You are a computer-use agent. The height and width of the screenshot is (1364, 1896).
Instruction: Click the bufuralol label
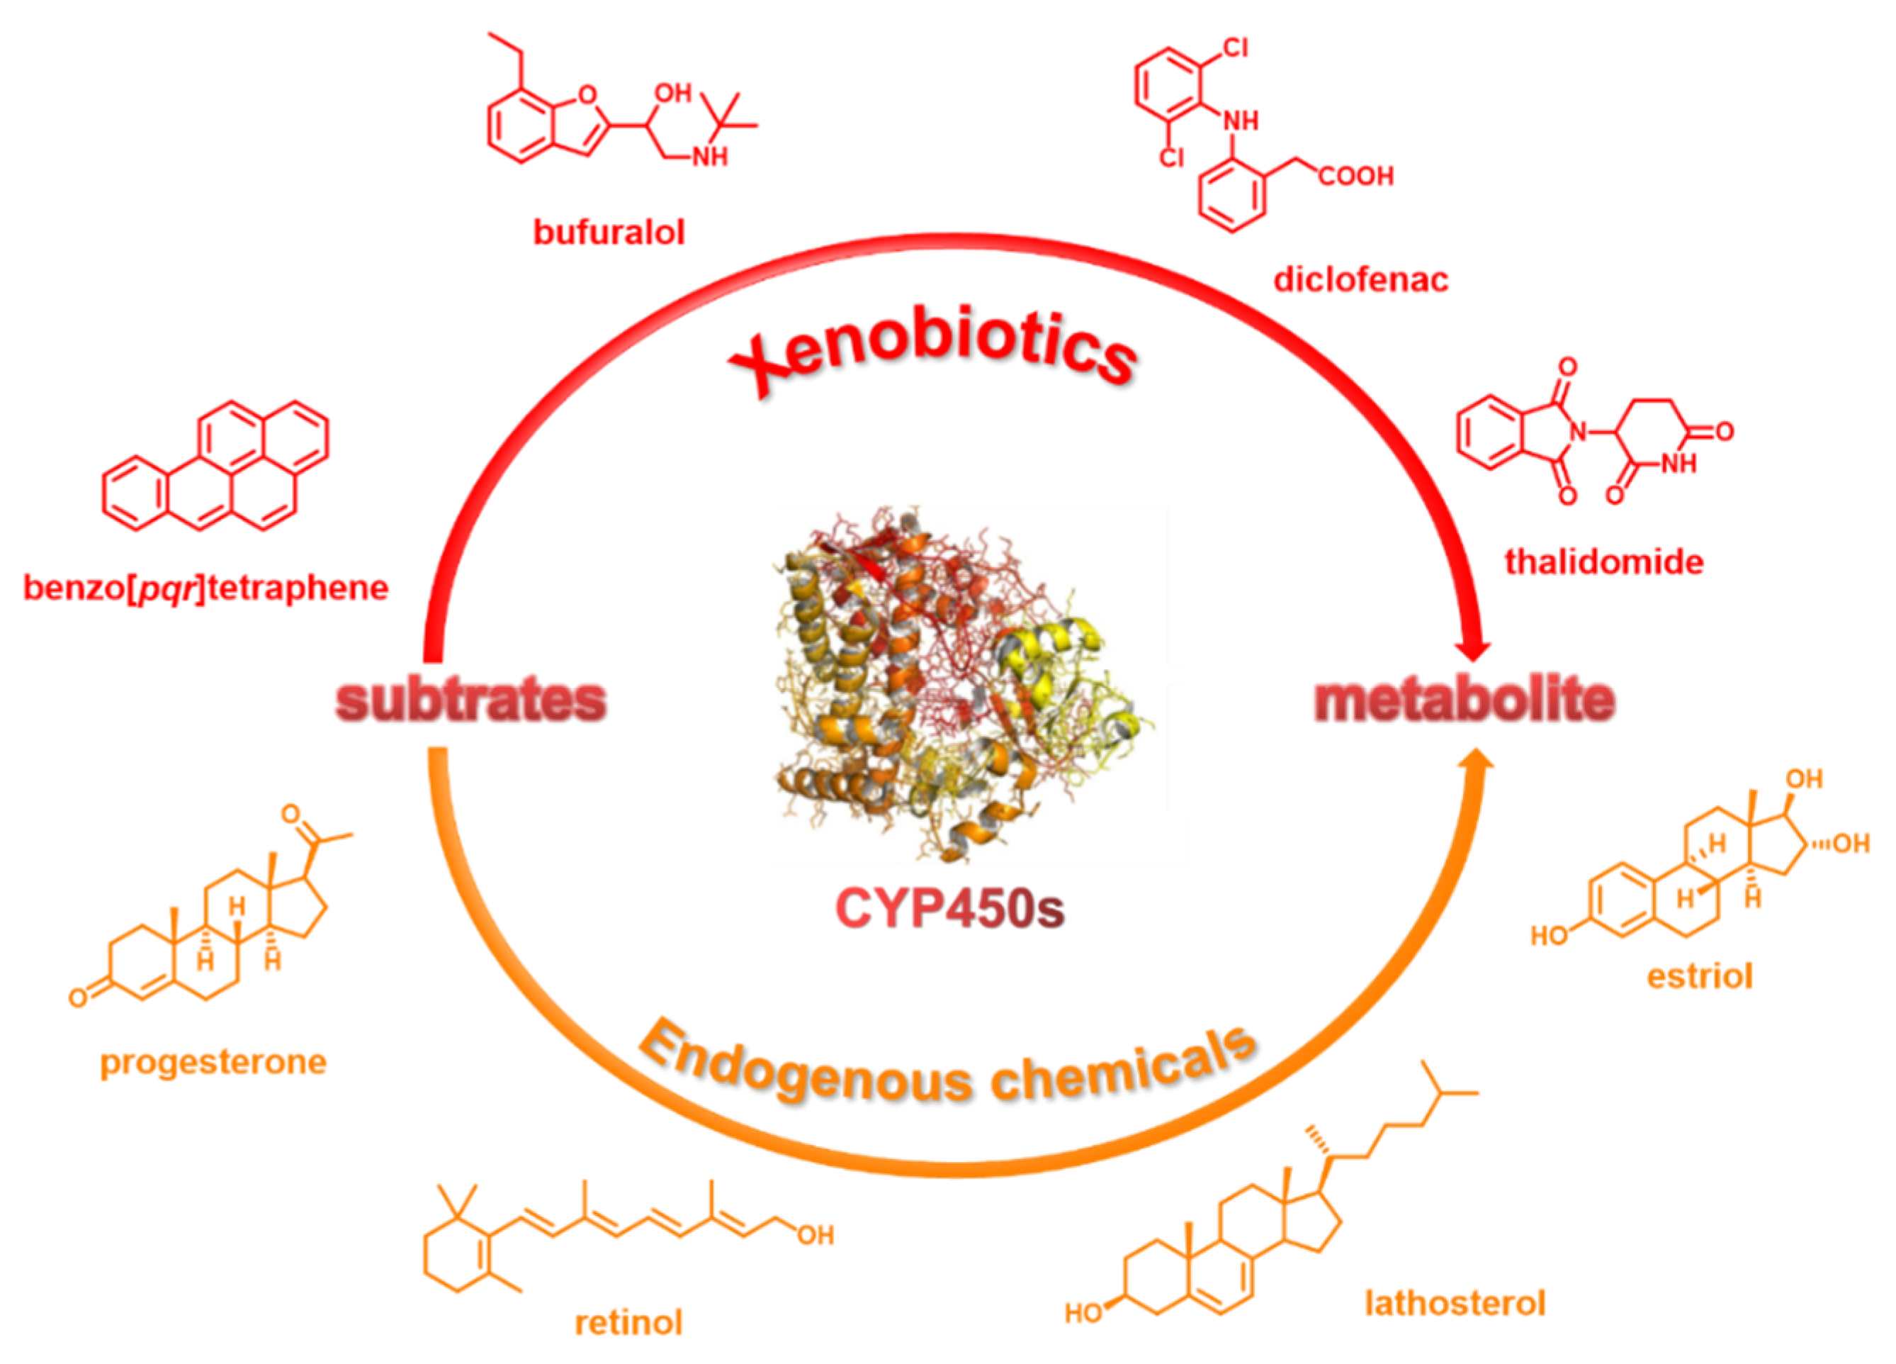[x=609, y=233]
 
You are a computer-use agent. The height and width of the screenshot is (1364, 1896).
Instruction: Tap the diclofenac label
[x=1360, y=279]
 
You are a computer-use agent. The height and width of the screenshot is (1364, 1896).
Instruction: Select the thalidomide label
[x=1603, y=561]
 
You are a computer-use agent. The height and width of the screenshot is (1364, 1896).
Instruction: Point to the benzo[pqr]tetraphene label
[x=205, y=588]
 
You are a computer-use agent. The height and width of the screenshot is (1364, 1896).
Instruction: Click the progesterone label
[x=213, y=1062]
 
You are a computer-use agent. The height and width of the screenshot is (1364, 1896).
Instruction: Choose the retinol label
[x=628, y=1322]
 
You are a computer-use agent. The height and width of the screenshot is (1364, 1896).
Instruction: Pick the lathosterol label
[x=1455, y=1303]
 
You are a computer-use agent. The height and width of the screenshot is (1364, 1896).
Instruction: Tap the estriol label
[x=1699, y=976]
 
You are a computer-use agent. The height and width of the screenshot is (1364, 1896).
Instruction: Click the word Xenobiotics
[x=932, y=355]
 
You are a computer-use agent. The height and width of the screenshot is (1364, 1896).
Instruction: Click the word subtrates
[x=470, y=701]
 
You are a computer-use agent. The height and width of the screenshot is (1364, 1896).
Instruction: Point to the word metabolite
[x=1464, y=701]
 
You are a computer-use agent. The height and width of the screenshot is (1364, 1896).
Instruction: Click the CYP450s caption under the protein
[x=949, y=908]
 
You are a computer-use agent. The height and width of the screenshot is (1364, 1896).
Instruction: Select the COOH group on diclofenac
[x=1356, y=177]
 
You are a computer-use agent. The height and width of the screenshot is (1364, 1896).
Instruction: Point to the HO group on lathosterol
[x=1083, y=1313]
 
